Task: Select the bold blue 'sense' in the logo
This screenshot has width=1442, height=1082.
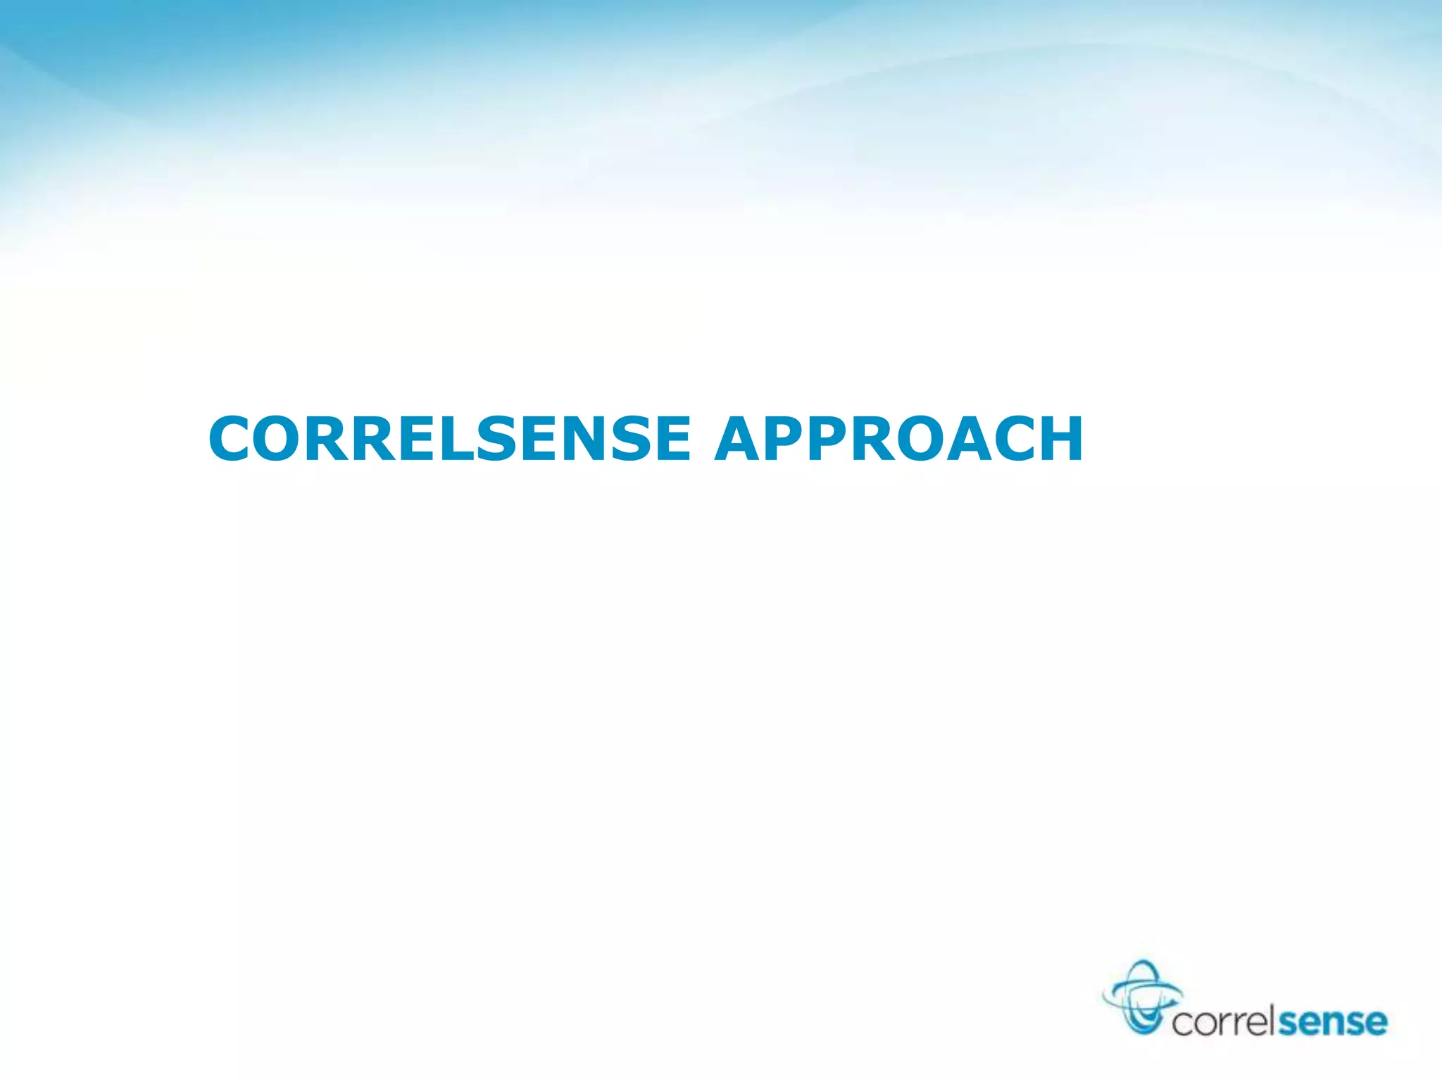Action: point(1332,1021)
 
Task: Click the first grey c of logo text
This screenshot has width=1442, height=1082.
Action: point(1183,1023)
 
